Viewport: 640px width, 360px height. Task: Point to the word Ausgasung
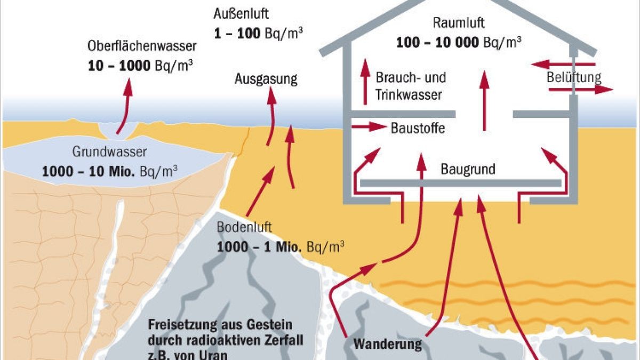(266, 79)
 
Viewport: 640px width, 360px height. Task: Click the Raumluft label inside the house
(458, 23)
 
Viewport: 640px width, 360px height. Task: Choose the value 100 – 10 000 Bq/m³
(459, 42)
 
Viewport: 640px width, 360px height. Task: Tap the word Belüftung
(574, 77)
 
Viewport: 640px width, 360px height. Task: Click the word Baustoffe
(418, 128)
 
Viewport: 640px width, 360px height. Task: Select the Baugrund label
(468, 170)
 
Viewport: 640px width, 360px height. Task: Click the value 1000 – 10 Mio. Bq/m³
(110, 172)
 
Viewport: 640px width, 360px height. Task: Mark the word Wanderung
(387, 343)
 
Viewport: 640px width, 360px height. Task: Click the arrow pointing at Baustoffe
(369, 127)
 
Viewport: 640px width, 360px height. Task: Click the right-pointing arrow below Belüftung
(594, 90)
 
